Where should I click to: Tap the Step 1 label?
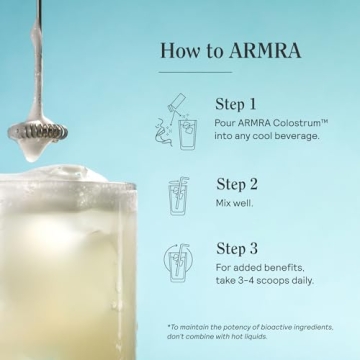[236, 103]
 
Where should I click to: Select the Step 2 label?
[237, 184]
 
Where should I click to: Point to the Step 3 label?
[237, 249]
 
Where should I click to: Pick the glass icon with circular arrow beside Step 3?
[181, 264]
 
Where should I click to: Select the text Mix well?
[237, 202]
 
